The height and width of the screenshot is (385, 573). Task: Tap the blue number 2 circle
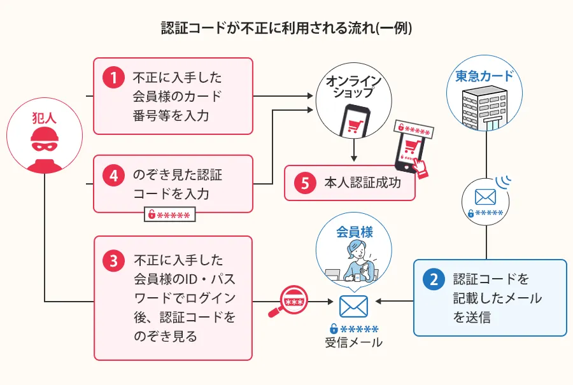[x=434, y=280]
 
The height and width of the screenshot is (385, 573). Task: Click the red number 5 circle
[x=305, y=183]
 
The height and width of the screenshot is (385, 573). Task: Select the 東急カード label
[x=484, y=76]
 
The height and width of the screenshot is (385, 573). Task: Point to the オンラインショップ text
[x=353, y=87]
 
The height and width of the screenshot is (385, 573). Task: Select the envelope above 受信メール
[x=353, y=307]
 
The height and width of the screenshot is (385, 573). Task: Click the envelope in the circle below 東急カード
[x=485, y=197]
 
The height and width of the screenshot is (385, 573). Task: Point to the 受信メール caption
[x=354, y=343]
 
